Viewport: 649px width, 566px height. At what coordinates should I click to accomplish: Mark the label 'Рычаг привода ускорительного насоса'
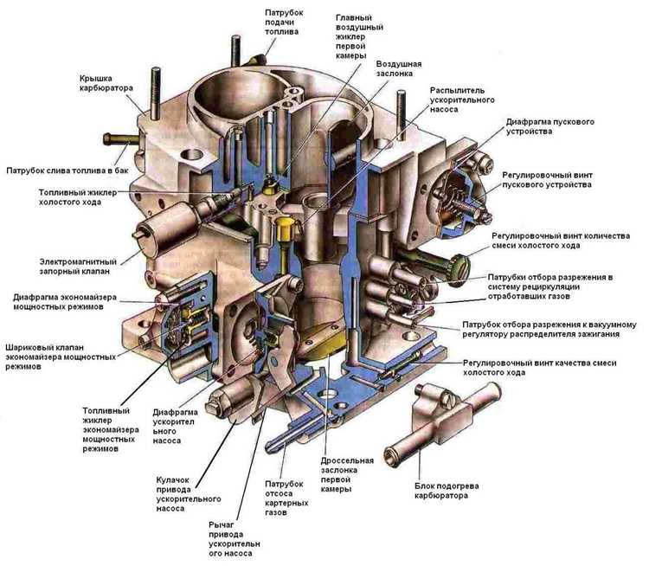click(235, 541)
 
